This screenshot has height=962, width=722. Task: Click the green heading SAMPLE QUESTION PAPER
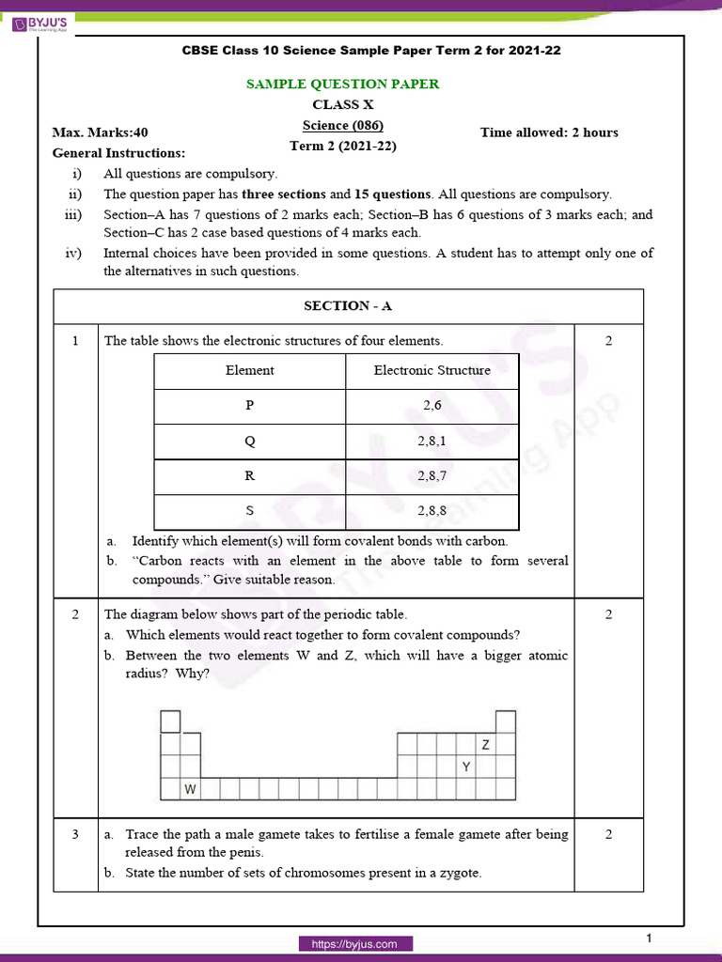[x=342, y=84]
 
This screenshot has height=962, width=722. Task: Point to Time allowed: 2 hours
[x=549, y=132]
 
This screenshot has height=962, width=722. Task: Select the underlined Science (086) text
[x=342, y=125]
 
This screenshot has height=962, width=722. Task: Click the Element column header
[x=250, y=370]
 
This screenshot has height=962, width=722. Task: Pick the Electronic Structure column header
[x=432, y=370]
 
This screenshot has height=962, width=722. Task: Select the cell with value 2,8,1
[x=432, y=441]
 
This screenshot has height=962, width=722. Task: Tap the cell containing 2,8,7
[x=432, y=475]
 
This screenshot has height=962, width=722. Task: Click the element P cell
[x=250, y=405]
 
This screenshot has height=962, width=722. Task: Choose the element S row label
[x=250, y=511]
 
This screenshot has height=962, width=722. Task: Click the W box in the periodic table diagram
[x=190, y=790]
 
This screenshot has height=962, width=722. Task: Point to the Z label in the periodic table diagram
[x=486, y=745]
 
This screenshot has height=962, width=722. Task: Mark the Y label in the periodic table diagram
[x=465, y=768]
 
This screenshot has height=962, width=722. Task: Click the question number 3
[x=74, y=834]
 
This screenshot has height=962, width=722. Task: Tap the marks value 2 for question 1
[x=608, y=341]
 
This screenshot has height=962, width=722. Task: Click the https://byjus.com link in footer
[x=355, y=944]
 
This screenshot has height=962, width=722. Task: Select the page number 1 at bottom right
[x=650, y=939]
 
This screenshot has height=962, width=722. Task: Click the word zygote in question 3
[x=459, y=873]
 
